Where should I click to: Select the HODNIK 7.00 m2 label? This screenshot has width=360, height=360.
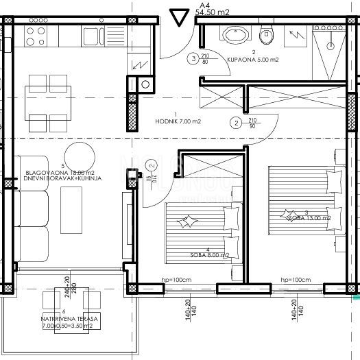(178, 121)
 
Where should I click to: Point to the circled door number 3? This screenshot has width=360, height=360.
(195, 59)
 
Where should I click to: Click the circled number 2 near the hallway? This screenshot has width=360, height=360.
(236, 123)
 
